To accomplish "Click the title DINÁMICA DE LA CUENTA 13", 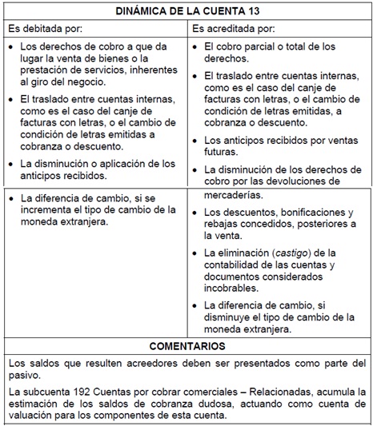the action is tap(186, 10).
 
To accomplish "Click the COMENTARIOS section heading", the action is tap(187, 347).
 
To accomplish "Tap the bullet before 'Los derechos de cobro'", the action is tap(11, 48).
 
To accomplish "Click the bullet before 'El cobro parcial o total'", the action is tap(199, 48).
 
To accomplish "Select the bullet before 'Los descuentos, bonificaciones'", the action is tap(199, 213).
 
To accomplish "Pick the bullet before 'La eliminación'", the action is tap(199, 253).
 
